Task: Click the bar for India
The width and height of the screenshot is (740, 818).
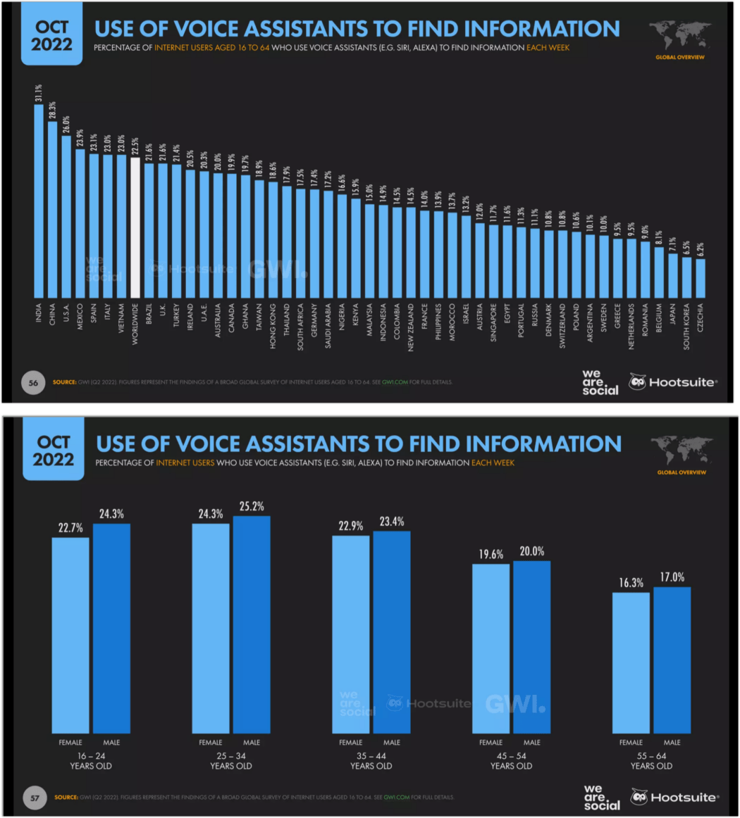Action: pos(39,201)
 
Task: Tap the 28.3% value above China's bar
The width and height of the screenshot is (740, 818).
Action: pos(52,111)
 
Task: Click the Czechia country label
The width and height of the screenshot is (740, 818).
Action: pos(700,317)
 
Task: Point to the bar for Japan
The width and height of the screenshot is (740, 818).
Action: pos(672,275)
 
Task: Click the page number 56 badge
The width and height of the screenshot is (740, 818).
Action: pos(33,382)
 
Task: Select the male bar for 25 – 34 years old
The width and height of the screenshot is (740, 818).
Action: pos(252,624)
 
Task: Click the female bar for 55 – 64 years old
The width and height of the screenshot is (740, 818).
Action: pos(631,662)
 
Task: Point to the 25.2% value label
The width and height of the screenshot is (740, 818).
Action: pos(252,507)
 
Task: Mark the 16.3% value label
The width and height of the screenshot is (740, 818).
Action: pos(631,583)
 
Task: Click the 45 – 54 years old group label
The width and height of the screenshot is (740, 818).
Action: pos(511,760)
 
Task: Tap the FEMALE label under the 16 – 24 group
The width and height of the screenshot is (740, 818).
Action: pos(70,742)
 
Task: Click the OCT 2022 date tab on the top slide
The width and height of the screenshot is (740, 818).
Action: pos(51,36)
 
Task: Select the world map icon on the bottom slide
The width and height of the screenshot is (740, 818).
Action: pos(680,450)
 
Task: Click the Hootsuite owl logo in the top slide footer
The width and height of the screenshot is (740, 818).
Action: pos(638,382)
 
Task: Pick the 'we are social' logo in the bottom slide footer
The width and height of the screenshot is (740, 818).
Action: pos(602,797)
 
